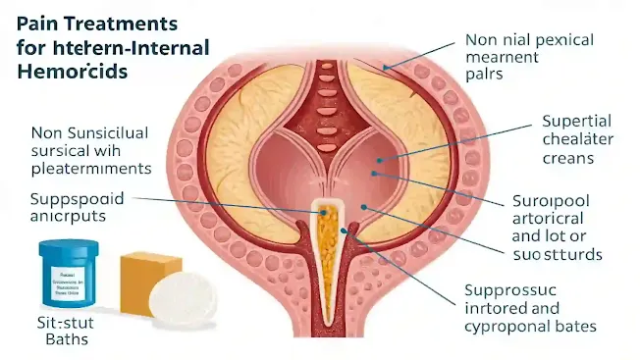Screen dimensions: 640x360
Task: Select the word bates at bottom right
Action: (577, 328)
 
